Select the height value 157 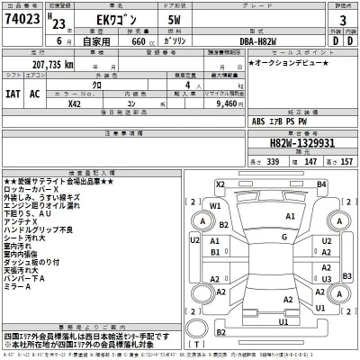click(x=346, y=160)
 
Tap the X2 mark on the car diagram click(x=220, y=184)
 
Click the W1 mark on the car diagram click(x=215, y=205)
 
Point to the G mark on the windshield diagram click(x=283, y=237)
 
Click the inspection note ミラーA click(x=19, y=287)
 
